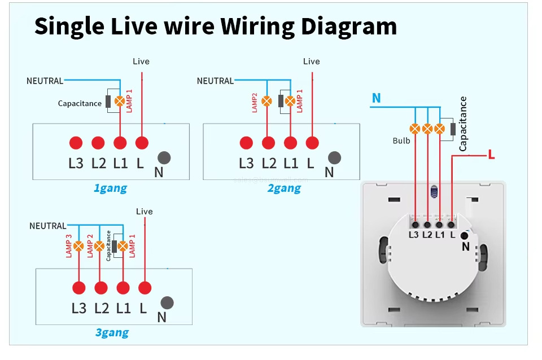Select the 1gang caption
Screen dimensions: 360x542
click(x=110, y=188)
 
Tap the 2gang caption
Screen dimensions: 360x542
click(x=283, y=188)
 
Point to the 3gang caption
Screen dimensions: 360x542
click(x=112, y=332)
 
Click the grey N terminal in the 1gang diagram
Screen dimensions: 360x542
click(x=164, y=158)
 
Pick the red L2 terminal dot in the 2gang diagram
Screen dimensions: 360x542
click(x=268, y=142)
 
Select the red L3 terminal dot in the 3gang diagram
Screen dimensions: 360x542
click(x=78, y=288)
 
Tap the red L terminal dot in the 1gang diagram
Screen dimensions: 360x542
click(x=141, y=142)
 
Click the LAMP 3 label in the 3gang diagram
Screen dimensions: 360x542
click(x=69, y=247)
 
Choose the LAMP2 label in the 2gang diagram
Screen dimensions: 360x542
click(x=255, y=102)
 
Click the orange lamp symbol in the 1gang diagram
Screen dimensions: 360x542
click(x=120, y=102)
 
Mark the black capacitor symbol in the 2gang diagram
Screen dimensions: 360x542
click(x=281, y=102)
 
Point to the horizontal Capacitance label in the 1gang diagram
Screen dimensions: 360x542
click(x=80, y=103)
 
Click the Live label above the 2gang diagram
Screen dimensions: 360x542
click(x=311, y=62)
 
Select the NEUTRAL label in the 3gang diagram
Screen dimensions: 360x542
click(x=47, y=226)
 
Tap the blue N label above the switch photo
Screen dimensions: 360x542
click(x=376, y=99)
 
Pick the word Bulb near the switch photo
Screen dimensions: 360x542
click(x=401, y=141)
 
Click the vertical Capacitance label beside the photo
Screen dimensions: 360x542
click(x=464, y=123)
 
